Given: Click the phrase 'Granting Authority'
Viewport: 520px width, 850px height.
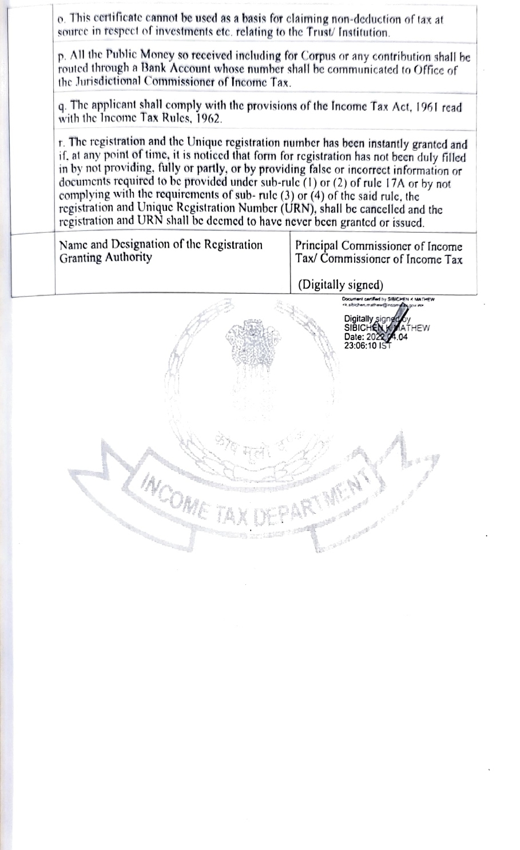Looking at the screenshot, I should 106,258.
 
